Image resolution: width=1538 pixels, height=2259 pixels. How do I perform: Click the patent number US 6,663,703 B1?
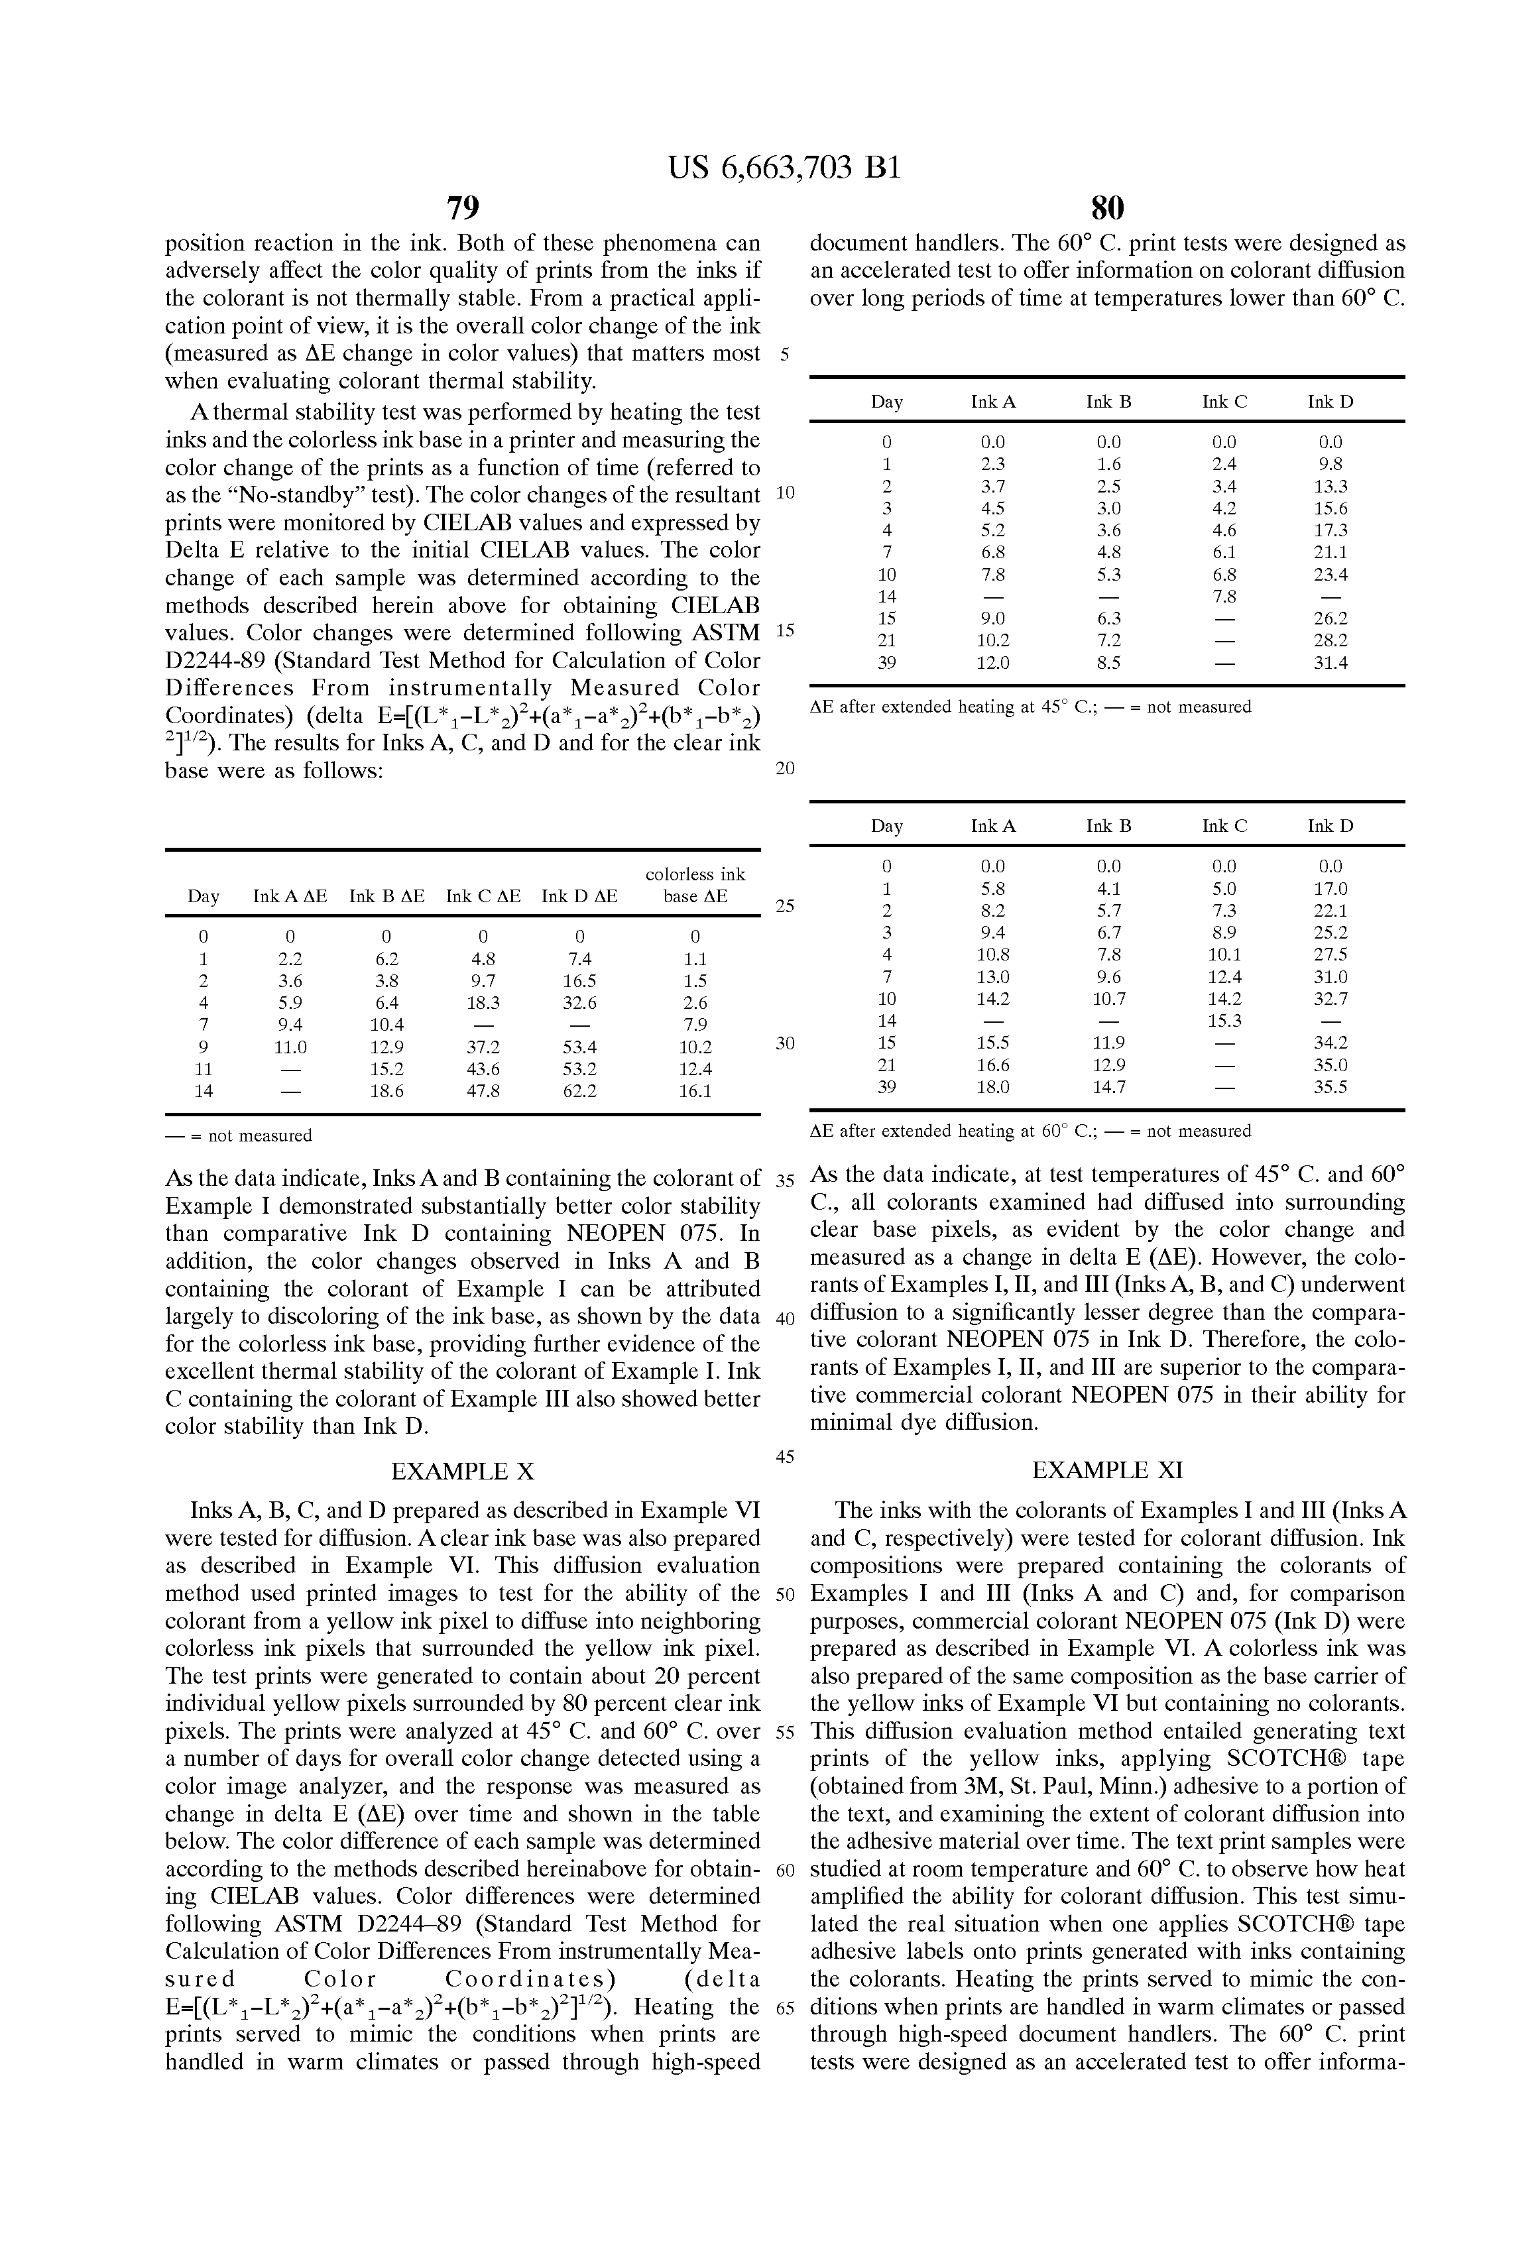coord(784,168)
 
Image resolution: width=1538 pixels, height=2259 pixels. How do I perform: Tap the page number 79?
coord(463,208)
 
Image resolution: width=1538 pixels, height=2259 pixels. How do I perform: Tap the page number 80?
coord(1107,208)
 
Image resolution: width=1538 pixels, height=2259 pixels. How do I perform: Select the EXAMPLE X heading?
coord(463,1471)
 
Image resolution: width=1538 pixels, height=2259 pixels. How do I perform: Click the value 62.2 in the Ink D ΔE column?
coord(579,1090)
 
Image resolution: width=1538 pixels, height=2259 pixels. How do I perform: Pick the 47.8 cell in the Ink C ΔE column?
coord(483,1090)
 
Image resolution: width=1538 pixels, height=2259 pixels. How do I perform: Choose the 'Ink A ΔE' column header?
coord(290,896)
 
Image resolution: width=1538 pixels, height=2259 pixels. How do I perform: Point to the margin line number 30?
coord(786,1043)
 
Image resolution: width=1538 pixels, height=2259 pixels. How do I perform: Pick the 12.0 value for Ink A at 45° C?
coord(992,663)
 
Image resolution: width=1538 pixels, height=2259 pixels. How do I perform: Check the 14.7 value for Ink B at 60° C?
coord(1108,1086)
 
